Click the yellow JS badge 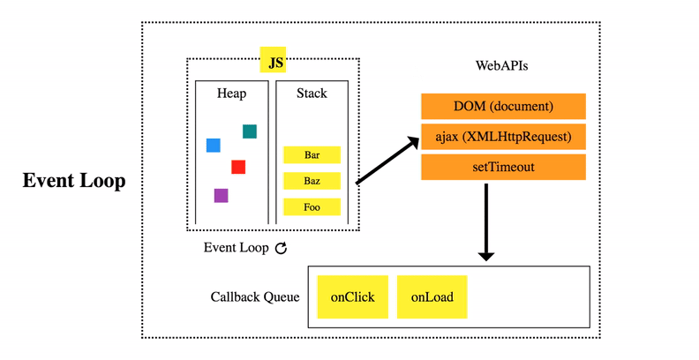(x=273, y=60)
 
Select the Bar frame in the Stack (x=312, y=155)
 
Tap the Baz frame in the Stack (x=312, y=181)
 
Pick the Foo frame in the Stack (x=312, y=207)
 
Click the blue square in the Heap (x=213, y=146)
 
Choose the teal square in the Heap (x=250, y=131)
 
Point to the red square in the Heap (x=238, y=167)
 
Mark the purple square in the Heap (x=222, y=196)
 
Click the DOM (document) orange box (x=503, y=107)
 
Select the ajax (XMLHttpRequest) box (x=503, y=137)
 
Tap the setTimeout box (x=503, y=167)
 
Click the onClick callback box (x=353, y=297)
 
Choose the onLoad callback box (x=432, y=297)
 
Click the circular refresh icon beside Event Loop (x=281, y=248)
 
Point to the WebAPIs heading (x=501, y=65)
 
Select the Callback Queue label (x=255, y=297)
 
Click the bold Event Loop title (x=74, y=181)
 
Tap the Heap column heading (x=231, y=94)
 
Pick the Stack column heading (x=312, y=94)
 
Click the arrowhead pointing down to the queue (x=486, y=257)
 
